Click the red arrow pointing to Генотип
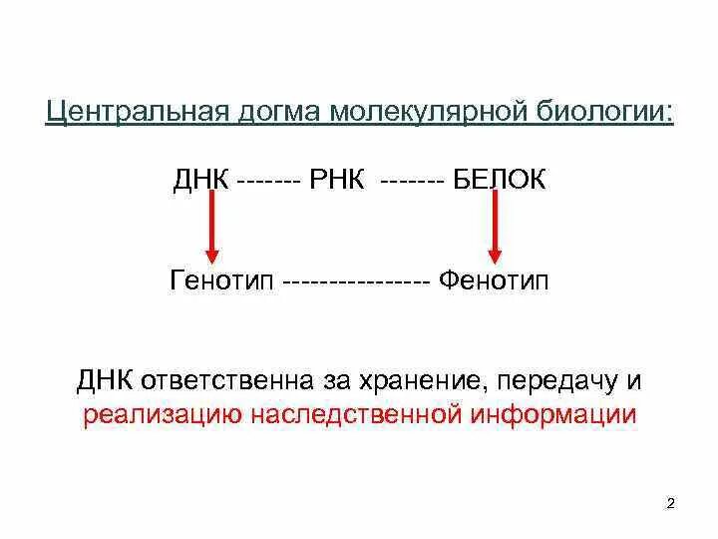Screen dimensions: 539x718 point(211,228)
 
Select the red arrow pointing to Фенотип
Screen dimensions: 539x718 point(494,228)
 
